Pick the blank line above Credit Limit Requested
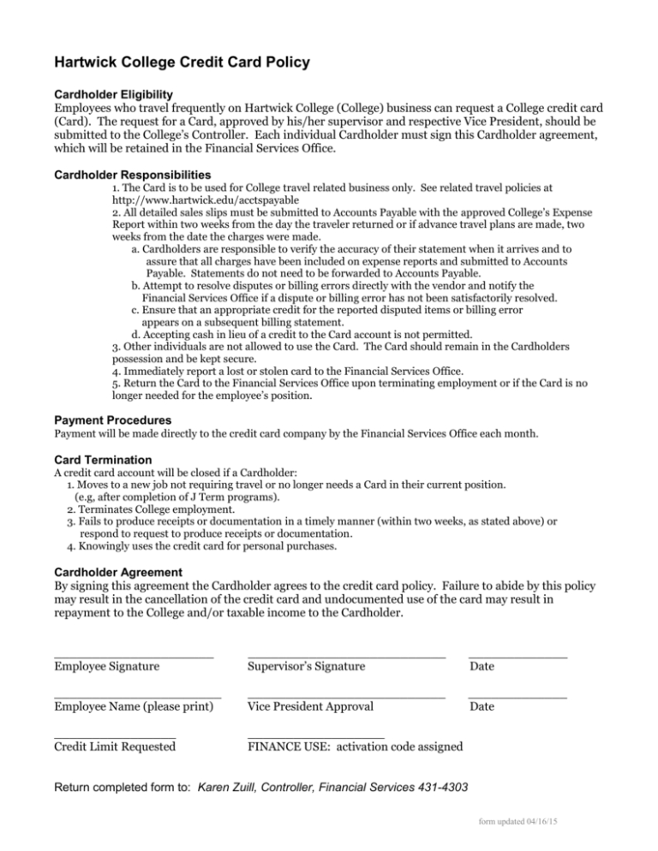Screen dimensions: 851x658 [x=114, y=735]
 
